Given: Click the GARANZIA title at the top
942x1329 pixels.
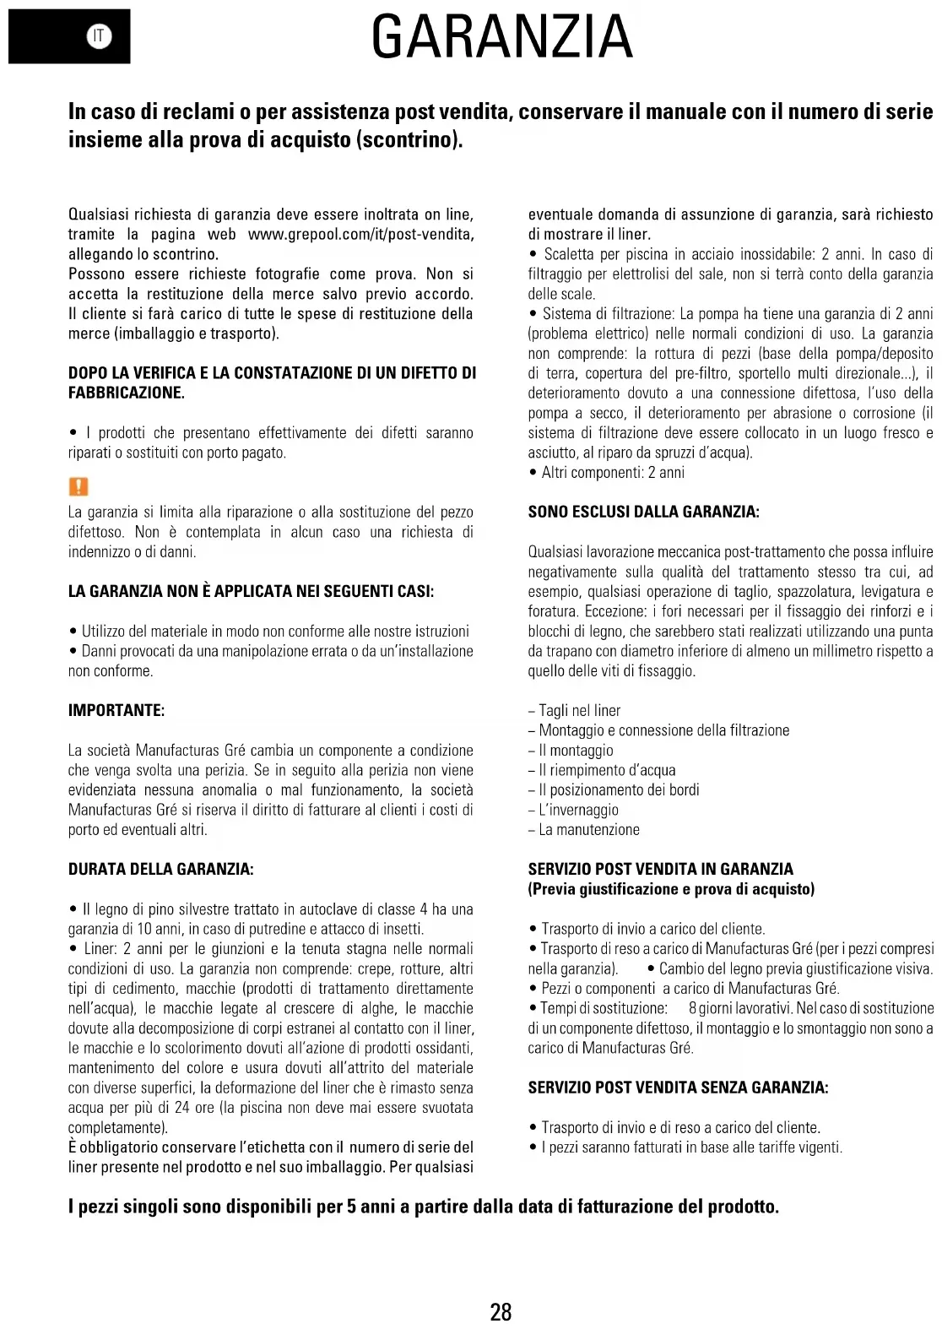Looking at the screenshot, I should (501, 37).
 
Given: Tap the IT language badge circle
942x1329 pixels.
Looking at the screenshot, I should (99, 35).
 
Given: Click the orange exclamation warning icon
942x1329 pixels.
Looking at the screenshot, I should (78, 486).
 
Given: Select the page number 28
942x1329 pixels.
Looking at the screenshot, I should (501, 1311).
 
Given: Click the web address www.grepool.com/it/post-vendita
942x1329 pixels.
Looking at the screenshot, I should (360, 235).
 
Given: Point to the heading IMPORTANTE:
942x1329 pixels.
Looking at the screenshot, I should (116, 710).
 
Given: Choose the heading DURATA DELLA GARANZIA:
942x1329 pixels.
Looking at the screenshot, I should (160, 869).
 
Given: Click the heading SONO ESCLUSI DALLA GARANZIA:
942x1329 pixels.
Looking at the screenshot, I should (643, 512).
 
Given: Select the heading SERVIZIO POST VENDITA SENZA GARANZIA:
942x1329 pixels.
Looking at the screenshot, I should (678, 1088).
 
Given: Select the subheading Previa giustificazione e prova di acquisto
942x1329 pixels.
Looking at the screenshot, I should (671, 889).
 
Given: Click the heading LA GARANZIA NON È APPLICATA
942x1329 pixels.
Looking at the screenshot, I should (251, 591).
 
